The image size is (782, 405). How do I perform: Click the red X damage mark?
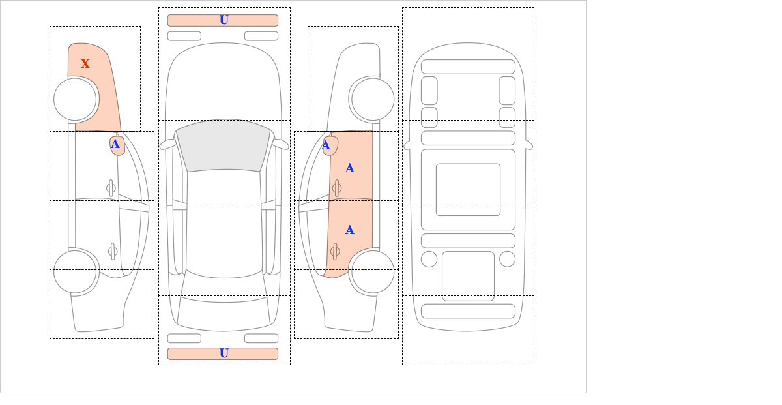pos(85,64)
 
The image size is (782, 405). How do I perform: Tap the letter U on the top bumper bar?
pos(224,20)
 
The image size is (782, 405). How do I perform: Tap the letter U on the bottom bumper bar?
pos(224,353)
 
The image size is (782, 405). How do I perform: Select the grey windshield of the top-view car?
pos(223,146)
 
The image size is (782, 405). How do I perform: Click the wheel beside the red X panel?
pos(76,99)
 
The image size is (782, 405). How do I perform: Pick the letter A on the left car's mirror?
pos(115,144)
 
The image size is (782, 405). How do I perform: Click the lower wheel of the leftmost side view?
pos(76,271)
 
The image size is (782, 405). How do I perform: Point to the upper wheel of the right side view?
pos(373,99)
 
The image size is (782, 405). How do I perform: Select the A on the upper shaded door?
pos(350,168)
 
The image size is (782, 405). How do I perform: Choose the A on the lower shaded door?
pos(350,230)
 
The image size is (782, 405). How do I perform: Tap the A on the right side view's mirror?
pos(326,145)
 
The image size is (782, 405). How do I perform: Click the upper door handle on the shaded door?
pos(336,188)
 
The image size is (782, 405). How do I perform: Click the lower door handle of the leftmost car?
pos(112,251)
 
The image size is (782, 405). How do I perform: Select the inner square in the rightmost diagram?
pos(468,190)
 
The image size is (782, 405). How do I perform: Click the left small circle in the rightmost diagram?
pos(429,259)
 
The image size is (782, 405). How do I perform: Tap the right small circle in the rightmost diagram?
pos(507,259)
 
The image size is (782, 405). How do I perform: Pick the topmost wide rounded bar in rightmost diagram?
pos(468,67)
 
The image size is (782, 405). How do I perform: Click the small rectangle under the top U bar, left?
pos(184,36)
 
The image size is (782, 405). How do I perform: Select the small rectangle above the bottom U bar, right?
pos(261,338)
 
